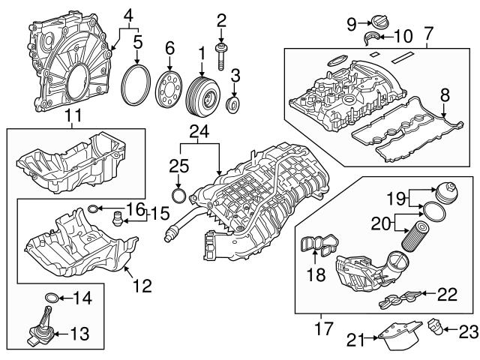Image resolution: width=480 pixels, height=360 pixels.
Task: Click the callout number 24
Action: click(x=197, y=133)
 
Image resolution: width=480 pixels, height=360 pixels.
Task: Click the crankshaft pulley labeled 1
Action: click(x=201, y=96)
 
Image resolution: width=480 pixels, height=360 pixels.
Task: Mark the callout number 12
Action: click(x=142, y=285)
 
